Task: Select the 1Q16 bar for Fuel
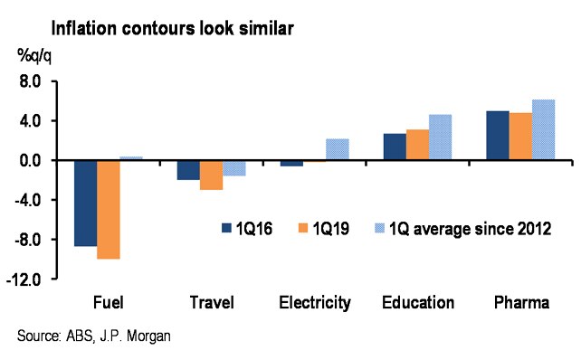pos(86,203)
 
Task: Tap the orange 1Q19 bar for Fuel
pos(109,209)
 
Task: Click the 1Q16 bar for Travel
pos(188,170)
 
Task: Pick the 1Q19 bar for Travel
pos(211,175)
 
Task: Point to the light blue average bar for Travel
pos(233,168)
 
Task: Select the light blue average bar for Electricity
pos(337,149)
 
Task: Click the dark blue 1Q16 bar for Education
pos(395,147)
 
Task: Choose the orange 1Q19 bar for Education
pos(417,145)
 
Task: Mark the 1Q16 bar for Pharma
pos(498,136)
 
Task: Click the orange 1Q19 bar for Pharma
pos(520,137)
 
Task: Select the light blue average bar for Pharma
pos(543,129)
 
